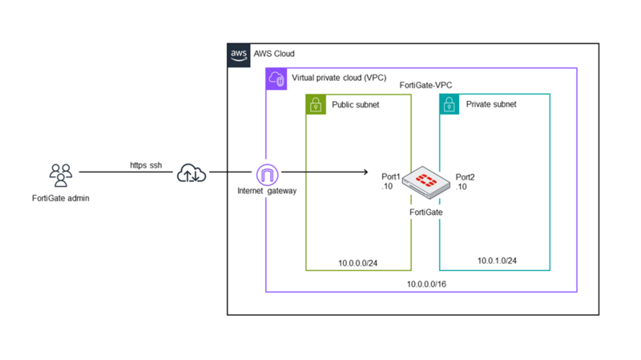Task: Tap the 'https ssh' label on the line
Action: coord(146,165)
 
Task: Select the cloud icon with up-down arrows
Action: coord(191,172)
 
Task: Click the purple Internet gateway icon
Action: coord(267,173)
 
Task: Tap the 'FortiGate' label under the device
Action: coord(426,212)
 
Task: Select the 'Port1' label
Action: coord(391,176)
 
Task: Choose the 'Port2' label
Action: coord(465,176)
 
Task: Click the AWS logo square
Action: coord(239,55)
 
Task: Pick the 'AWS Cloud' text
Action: coord(274,55)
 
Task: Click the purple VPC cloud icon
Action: coord(276,79)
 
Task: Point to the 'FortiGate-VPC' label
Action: coord(426,86)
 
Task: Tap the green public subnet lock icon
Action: coord(316,104)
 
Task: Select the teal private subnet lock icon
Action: coord(450,104)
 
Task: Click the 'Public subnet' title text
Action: coord(356,104)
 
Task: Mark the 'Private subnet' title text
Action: coord(490,104)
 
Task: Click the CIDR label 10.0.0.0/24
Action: coord(357,261)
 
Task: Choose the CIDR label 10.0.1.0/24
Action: coord(497,261)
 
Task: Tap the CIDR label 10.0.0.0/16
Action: coord(426,284)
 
